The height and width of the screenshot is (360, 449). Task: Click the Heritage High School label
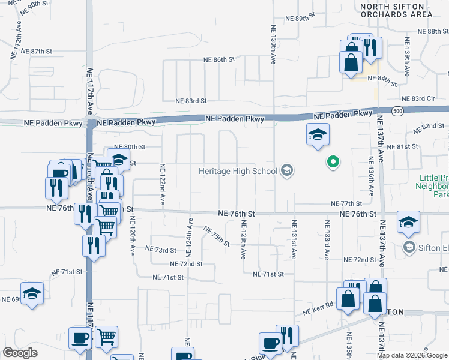(x=238, y=172)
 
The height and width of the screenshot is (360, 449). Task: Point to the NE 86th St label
(x=218, y=60)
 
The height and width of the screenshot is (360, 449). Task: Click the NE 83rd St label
(x=191, y=101)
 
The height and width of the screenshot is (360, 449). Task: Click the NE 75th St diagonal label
(x=217, y=236)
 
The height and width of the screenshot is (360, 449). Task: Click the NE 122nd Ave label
(x=163, y=183)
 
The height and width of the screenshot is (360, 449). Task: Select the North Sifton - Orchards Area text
(x=396, y=10)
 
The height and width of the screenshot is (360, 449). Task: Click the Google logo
(x=20, y=352)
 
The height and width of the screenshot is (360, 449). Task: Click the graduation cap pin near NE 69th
(x=32, y=294)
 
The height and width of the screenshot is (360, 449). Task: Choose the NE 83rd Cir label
(x=418, y=98)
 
